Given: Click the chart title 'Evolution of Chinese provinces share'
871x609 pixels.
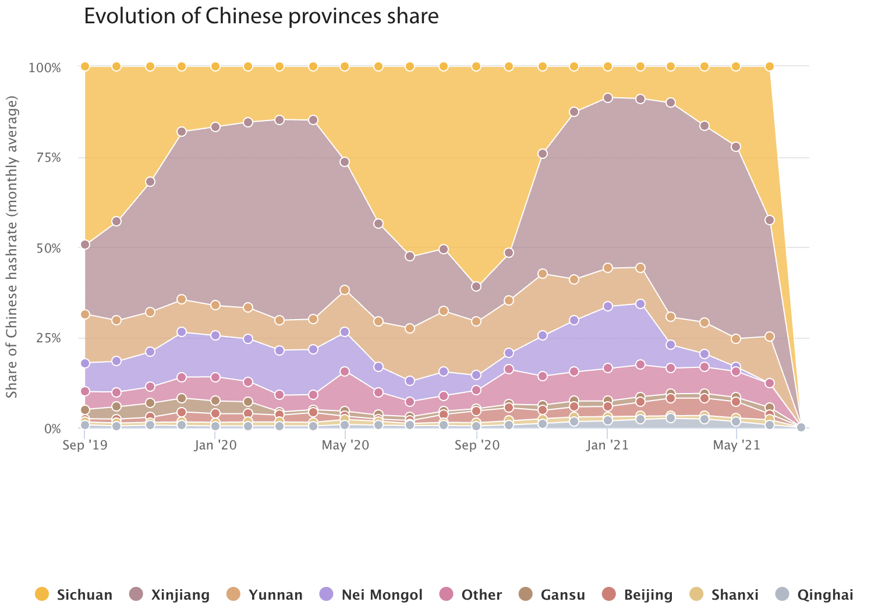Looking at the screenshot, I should click(261, 16).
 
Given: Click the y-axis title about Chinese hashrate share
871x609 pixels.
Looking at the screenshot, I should click(12, 247).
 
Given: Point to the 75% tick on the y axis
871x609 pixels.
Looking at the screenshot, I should click(45, 158).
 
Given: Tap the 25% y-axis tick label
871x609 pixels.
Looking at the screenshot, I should click(45, 338).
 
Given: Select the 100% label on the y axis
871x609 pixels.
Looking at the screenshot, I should click(44, 68).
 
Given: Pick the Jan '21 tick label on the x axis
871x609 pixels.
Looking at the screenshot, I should click(607, 445).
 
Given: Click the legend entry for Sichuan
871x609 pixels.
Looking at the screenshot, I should click(73, 594).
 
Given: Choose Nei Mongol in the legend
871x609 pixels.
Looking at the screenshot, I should click(371, 594).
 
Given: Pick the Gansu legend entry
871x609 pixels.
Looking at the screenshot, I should click(550, 594).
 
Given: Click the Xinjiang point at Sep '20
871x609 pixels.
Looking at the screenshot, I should click(476, 286).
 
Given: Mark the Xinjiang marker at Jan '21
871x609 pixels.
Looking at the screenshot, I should click(608, 98).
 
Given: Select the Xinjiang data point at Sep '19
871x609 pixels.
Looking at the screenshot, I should click(85, 245).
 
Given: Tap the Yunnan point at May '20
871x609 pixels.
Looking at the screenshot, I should click(345, 290).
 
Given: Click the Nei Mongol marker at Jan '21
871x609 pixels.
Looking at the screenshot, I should click(608, 306).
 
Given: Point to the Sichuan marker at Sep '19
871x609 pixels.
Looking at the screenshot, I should click(85, 66).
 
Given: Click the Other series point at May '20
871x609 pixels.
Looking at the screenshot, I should click(345, 371).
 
